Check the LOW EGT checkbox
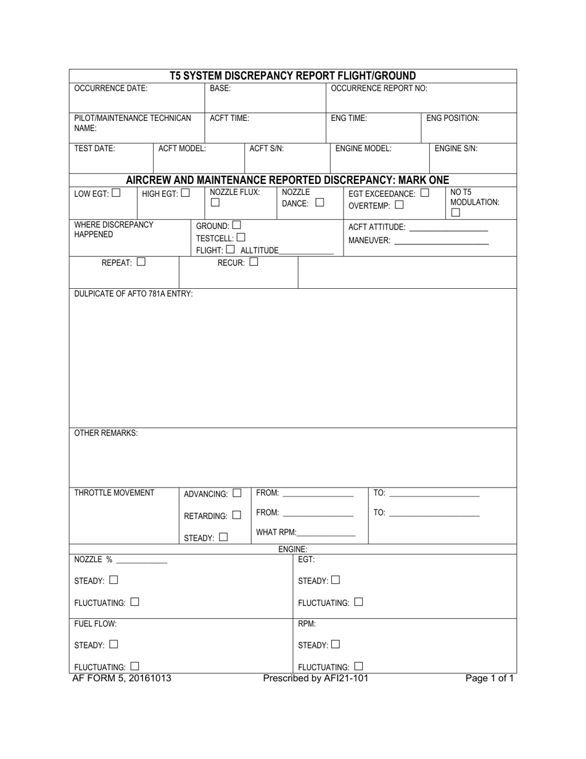pos(116,193)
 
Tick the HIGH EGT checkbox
pos(186,193)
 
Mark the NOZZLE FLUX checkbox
pos(215,203)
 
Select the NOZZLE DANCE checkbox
pos(319,202)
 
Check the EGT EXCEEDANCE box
pos(424,193)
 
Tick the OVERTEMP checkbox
pos(399,205)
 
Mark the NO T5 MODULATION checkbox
pos(455,213)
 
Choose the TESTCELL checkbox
pos(241,237)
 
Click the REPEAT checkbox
pos(141,262)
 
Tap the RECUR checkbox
pos(254,262)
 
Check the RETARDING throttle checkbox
pos(237,515)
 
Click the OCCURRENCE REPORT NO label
pos(379,88)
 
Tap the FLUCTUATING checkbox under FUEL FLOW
pos(134,666)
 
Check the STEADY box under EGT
pos(336,580)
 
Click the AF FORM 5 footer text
pos(122,679)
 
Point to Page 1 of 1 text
pos(489,679)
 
